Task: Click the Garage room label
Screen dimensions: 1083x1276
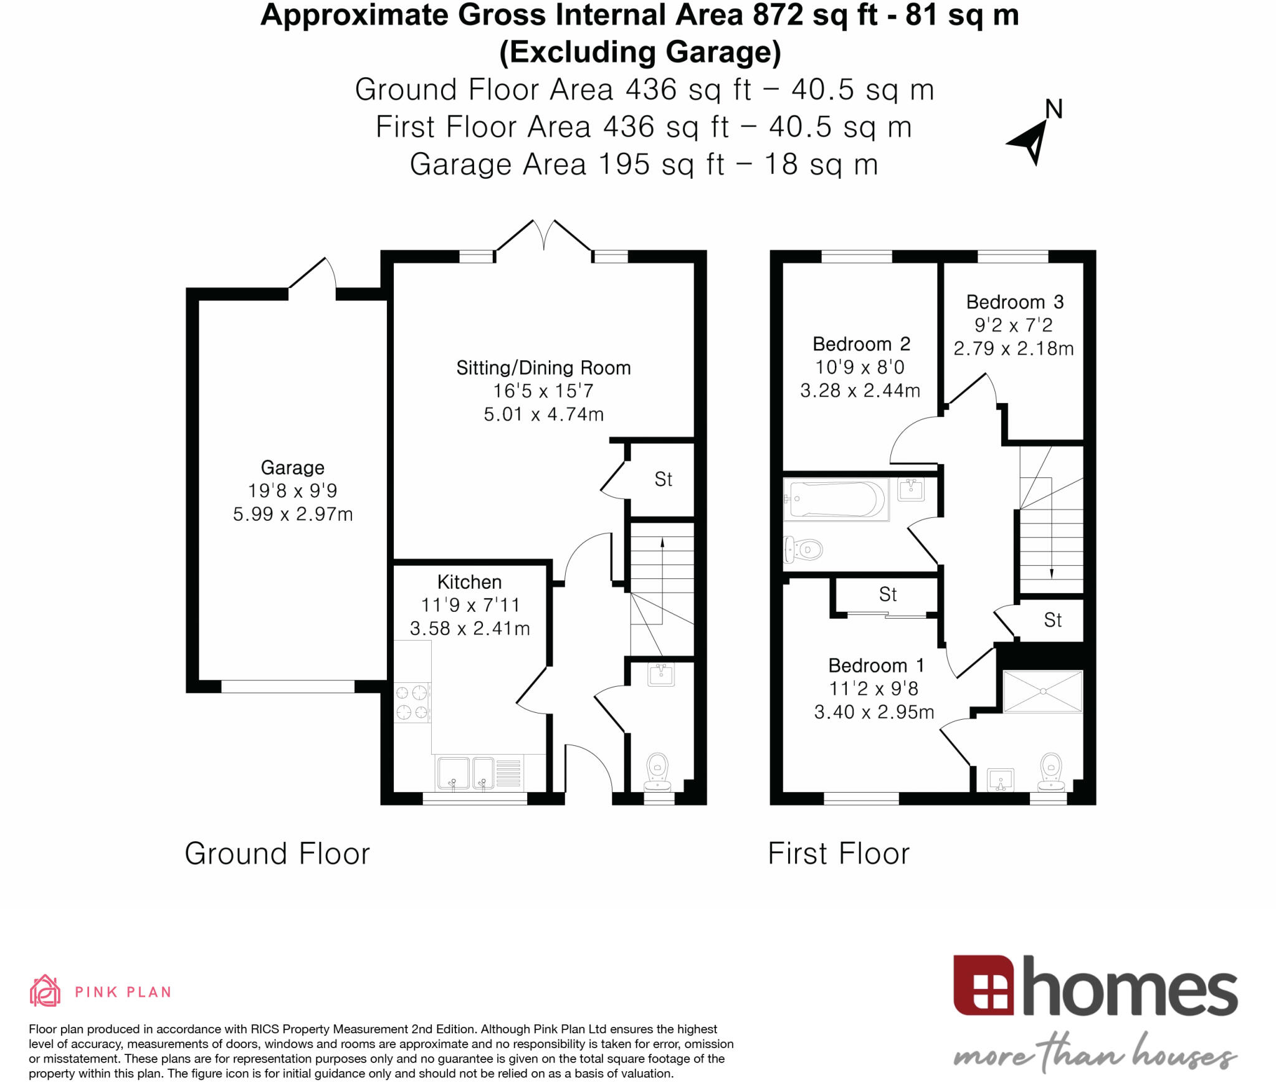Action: click(x=292, y=467)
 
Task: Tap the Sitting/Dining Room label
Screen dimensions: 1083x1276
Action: click(x=543, y=368)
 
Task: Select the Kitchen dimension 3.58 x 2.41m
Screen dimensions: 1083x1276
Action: click(x=470, y=628)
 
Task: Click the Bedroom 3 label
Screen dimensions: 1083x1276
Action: click(x=1014, y=302)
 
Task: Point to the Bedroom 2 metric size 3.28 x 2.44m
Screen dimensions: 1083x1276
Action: click(x=860, y=391)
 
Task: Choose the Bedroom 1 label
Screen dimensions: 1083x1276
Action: click(x=875, y=666)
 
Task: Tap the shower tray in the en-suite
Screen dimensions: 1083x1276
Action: click(x=1042, y=691)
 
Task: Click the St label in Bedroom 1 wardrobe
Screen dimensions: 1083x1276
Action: click(x=888, y=594)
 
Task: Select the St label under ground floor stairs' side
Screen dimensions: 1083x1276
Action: click(x=663, y=479)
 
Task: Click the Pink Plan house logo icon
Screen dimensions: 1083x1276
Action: click(x=45, y=991)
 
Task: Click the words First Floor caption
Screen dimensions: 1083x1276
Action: click(x=839, y=854)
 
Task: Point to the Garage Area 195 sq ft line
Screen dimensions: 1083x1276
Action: click(x=644, y=165)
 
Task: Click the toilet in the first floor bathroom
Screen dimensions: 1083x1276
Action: click(x=804, y=550)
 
